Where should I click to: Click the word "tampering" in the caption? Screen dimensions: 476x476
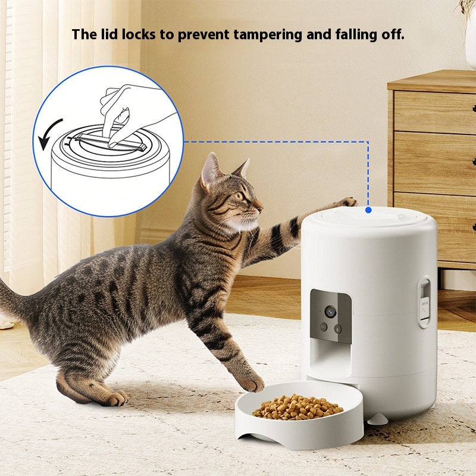click(268, 35)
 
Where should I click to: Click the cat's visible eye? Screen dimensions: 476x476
click(240, 196)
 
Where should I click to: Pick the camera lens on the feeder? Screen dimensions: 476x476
click(330, 311)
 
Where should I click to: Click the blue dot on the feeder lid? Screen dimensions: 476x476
click(368, 210)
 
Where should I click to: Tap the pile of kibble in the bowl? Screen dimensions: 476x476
click(297, 407)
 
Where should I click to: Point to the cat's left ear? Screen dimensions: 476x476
click(210, 171)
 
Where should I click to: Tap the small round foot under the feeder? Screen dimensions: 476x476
click(377, 419)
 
